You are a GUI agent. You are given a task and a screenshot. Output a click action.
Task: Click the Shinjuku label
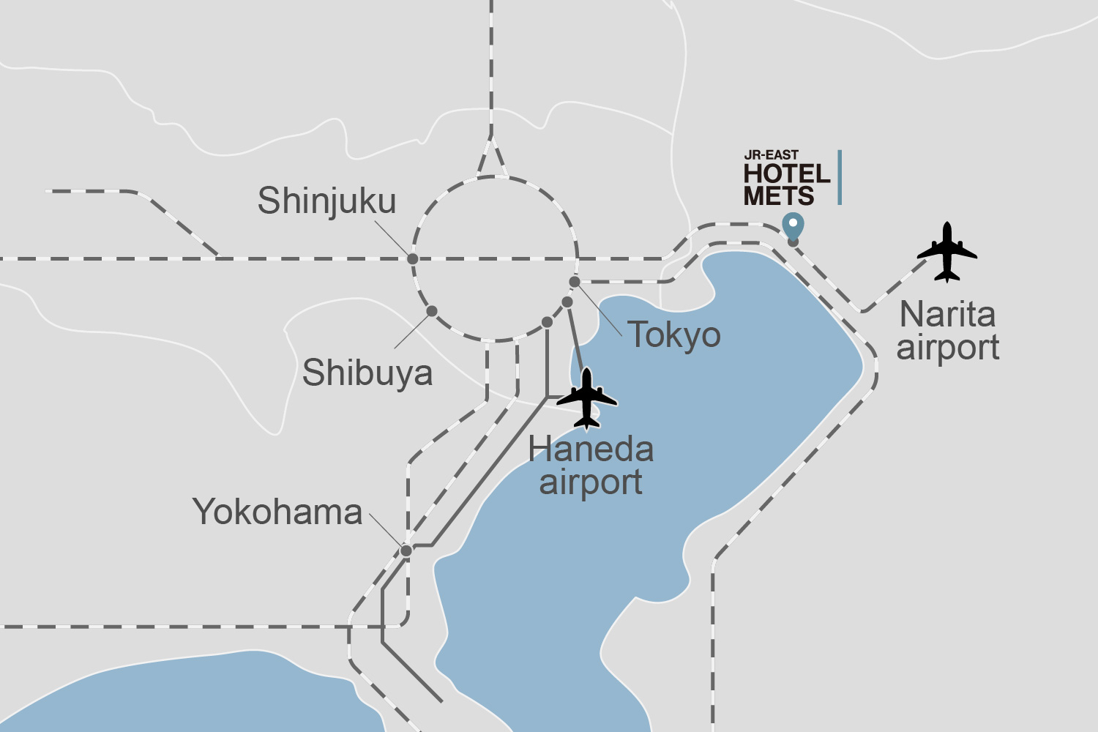[x=326, y=201]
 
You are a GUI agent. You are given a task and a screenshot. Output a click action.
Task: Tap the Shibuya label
[x=367, y=373]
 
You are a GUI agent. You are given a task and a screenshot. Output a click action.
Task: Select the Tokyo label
[x=674, y=335]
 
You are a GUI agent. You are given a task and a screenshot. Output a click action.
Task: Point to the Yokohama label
[x=277, y=512]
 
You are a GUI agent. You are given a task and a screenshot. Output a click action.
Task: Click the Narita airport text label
[x=948, y=331]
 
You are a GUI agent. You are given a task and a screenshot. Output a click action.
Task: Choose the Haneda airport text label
[x=591, y=466]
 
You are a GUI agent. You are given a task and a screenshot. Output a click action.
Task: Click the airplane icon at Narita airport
[x=947, y=252]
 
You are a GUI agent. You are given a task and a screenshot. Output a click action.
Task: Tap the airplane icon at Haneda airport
[x=586, y=399]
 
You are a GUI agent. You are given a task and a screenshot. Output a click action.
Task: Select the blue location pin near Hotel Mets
[x=793, y=225]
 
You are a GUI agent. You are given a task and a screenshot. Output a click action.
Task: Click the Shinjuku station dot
[x=413, y=259]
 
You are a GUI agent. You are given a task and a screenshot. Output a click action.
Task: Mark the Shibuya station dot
[x=432, y=311]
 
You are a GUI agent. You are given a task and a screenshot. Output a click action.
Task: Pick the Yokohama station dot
[x=406, y=550]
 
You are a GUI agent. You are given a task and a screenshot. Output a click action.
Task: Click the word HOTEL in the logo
[x=787, y=174]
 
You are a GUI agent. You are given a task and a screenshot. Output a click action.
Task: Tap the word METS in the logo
[x=779, y=196]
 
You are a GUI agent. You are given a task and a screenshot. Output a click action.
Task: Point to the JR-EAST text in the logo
[x=771, y=155]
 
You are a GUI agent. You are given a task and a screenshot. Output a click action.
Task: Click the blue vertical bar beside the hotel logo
[x=840, y=177]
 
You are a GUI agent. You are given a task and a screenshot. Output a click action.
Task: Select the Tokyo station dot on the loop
[x=575, y=282]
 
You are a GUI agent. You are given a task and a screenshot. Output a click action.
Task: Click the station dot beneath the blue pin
[x=793, y=242]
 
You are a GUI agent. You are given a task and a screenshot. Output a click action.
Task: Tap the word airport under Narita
[x=948, y=348]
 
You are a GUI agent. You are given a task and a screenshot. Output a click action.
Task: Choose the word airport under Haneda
[x=591, y=482]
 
